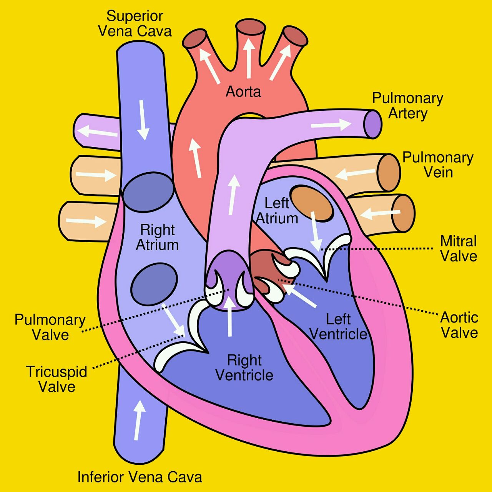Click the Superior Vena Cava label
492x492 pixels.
pos(135,23)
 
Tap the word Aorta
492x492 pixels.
pos(243,91)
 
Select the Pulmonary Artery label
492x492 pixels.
pos(407,106)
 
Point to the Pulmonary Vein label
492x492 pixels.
pos(438,165)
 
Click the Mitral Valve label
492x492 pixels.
pos(459,249)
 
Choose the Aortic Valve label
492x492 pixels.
pos(459,325)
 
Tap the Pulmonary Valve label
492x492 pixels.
pos(50,327)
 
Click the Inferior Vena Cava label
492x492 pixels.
pos(140,477)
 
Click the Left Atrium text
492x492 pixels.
pos(277,211)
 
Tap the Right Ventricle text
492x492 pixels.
pos(244,368)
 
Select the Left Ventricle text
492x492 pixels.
pos(338,327)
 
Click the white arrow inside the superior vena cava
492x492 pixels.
pos(143,120)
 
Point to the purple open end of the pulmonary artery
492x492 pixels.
pos(373,124)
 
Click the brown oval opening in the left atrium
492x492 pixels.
pos(312,203)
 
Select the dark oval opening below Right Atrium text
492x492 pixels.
pos(154,284)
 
